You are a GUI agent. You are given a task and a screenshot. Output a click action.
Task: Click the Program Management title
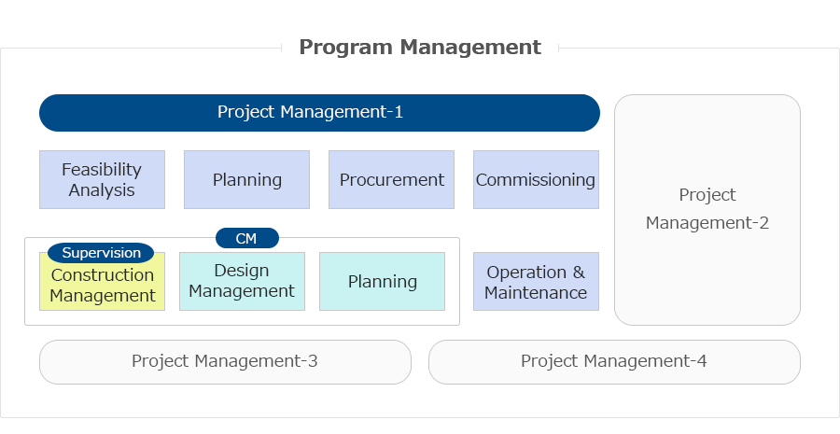click(420, 48)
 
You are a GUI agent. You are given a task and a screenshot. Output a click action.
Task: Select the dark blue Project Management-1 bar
click(319, 113)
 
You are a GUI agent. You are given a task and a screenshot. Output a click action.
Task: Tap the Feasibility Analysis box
click(102, 179)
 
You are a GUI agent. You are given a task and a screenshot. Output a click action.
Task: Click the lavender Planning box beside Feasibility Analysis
click(247, 179)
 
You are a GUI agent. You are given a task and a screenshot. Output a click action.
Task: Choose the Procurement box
click(392, 179)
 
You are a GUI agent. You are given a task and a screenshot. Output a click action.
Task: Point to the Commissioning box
click(537, 179)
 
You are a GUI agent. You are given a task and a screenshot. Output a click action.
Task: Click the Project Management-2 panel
click(707, 210)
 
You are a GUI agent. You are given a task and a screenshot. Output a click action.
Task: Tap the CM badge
click(247, 238)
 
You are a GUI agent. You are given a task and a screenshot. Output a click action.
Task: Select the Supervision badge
click(101, 252)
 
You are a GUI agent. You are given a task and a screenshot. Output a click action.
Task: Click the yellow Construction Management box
click(102, 284)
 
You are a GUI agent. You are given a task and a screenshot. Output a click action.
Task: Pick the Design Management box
click(242, 281)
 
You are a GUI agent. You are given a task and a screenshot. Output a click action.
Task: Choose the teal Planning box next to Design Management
click(382, 281)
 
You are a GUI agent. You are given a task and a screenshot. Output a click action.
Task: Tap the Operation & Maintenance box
click(537, 281)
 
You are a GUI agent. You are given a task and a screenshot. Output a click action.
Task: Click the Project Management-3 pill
click(225, 362)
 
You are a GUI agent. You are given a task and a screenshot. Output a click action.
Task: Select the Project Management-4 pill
click(614, 362)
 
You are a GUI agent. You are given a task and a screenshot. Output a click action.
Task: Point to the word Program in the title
click(345, 48)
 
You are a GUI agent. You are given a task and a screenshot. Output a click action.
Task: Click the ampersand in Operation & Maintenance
click(579, 273)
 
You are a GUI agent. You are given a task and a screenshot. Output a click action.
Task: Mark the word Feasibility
click(102, 170)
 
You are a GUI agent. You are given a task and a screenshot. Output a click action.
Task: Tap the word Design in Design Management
click(242, 271)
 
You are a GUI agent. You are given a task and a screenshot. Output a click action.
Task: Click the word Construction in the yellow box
click(103, 274)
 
